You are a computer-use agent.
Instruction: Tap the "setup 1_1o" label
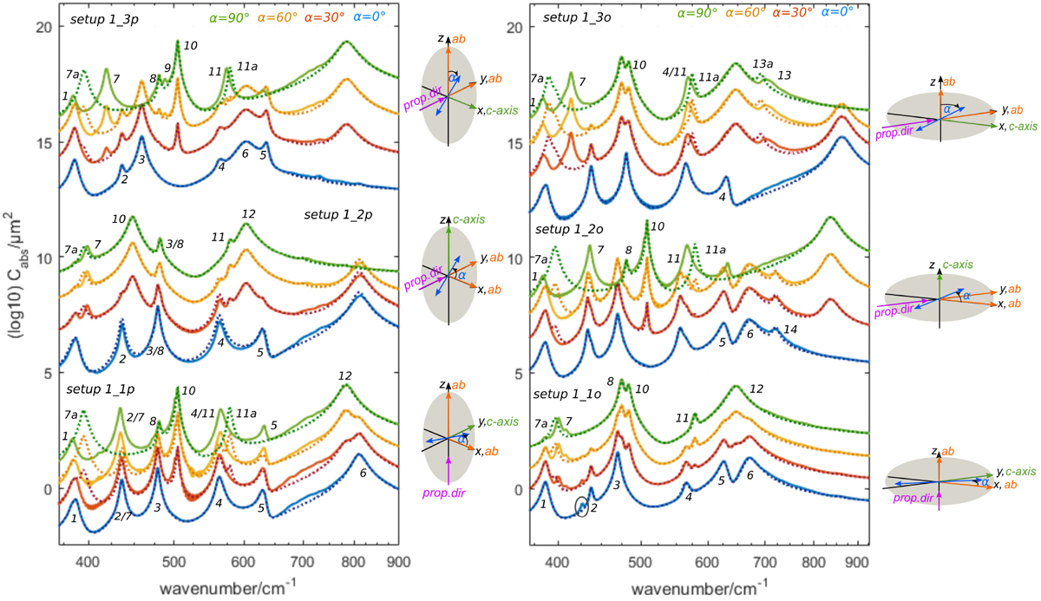pos(565,393)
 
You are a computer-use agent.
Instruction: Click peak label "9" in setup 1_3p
pos(167,68)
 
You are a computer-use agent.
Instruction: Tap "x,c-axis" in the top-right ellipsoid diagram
pos(1012,126)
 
